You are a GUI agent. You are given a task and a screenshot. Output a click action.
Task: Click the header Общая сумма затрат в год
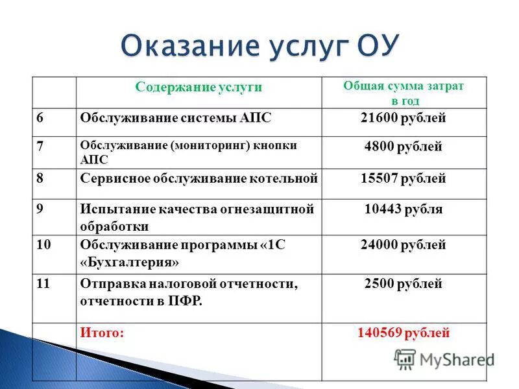(404, 93)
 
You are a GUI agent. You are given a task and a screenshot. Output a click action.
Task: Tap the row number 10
(43, 245)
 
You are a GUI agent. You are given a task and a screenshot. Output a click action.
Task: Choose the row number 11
(43, 283)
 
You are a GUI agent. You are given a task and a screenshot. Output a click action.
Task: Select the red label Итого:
(102, 333)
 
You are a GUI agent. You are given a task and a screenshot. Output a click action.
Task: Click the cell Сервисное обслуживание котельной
(199, 178)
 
